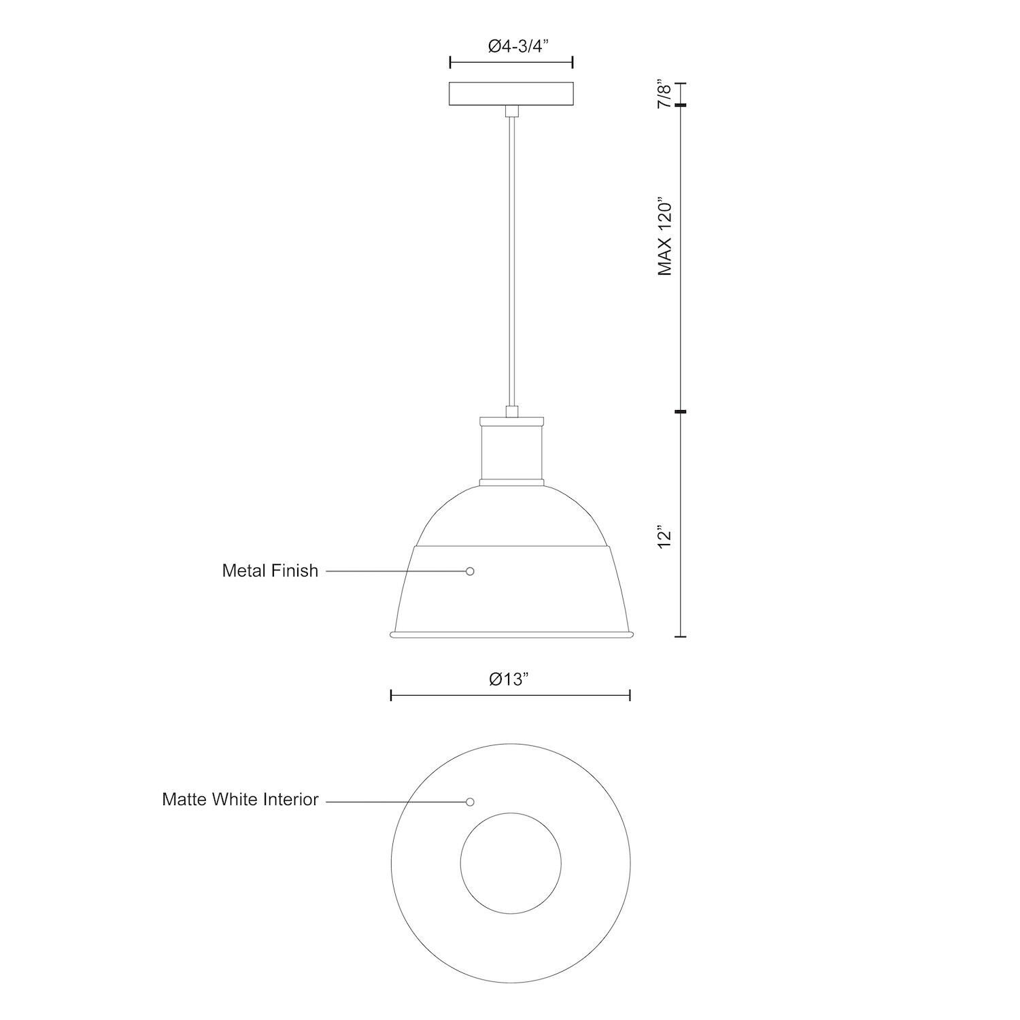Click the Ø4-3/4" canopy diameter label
[511, 46]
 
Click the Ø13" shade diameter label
[509, 679]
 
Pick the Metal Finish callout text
[270, 571]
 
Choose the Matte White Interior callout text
[240, 799]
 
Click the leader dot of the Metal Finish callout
[470, 571]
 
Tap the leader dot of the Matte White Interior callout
[470, 802]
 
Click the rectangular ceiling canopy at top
[511, 94]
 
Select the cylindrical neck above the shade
[511, 453]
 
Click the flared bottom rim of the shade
[511, 634]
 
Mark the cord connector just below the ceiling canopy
[511, 112]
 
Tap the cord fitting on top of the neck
[511, 411]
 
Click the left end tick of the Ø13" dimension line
[392, 695]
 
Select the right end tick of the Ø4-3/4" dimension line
[573, 63]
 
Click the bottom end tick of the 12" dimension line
[681, 636]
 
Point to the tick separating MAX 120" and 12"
[681, 411]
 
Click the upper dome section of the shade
[511, 517]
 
